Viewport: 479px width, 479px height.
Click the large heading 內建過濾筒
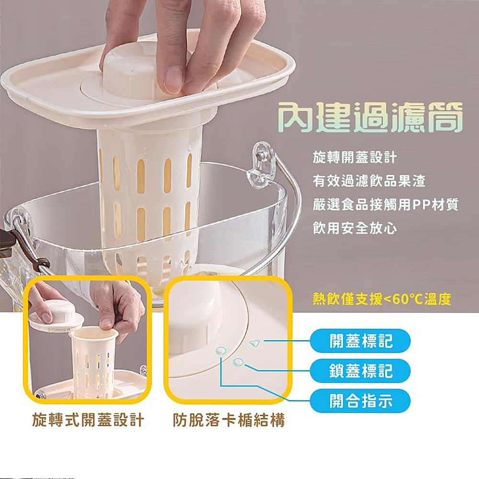coord(371,118)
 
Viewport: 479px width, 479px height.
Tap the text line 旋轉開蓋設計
coord(354,158)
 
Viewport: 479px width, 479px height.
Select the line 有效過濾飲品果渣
coord(369,181)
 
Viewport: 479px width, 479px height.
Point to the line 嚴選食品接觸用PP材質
coord(386,205)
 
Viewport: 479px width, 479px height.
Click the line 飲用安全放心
coord(354,228)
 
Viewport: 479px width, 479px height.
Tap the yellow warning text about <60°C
coord(382,299)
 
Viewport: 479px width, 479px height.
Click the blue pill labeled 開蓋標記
coord(360,341)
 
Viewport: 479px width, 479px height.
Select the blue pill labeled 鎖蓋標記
coord(360,371)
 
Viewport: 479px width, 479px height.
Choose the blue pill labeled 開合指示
coord(360,400)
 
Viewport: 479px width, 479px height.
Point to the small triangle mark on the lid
coord(255,343)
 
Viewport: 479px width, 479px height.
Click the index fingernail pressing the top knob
coord(173,80)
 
